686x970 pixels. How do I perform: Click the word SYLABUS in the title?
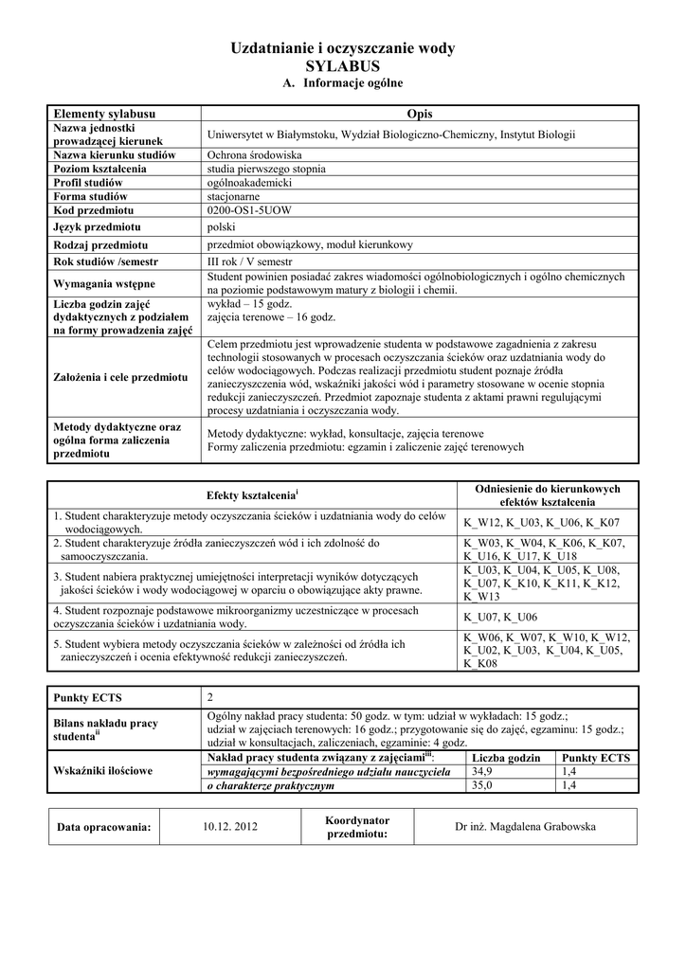coord(343,66)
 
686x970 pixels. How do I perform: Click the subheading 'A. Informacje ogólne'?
coord(343,84)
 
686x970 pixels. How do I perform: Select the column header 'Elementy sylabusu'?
coord(104,114)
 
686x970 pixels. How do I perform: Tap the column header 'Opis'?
coord(419,114)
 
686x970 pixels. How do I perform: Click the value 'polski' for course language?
coord(221,227)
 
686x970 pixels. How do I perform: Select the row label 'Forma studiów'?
coord(90,196)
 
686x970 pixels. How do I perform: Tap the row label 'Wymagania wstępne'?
coord(105,283)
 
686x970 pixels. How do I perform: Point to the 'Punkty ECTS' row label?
coord(87,698)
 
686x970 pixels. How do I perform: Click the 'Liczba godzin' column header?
coord(506,758)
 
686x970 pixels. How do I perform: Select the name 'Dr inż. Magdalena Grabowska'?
coord(526,827)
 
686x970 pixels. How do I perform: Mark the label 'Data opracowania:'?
coord(104,827)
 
